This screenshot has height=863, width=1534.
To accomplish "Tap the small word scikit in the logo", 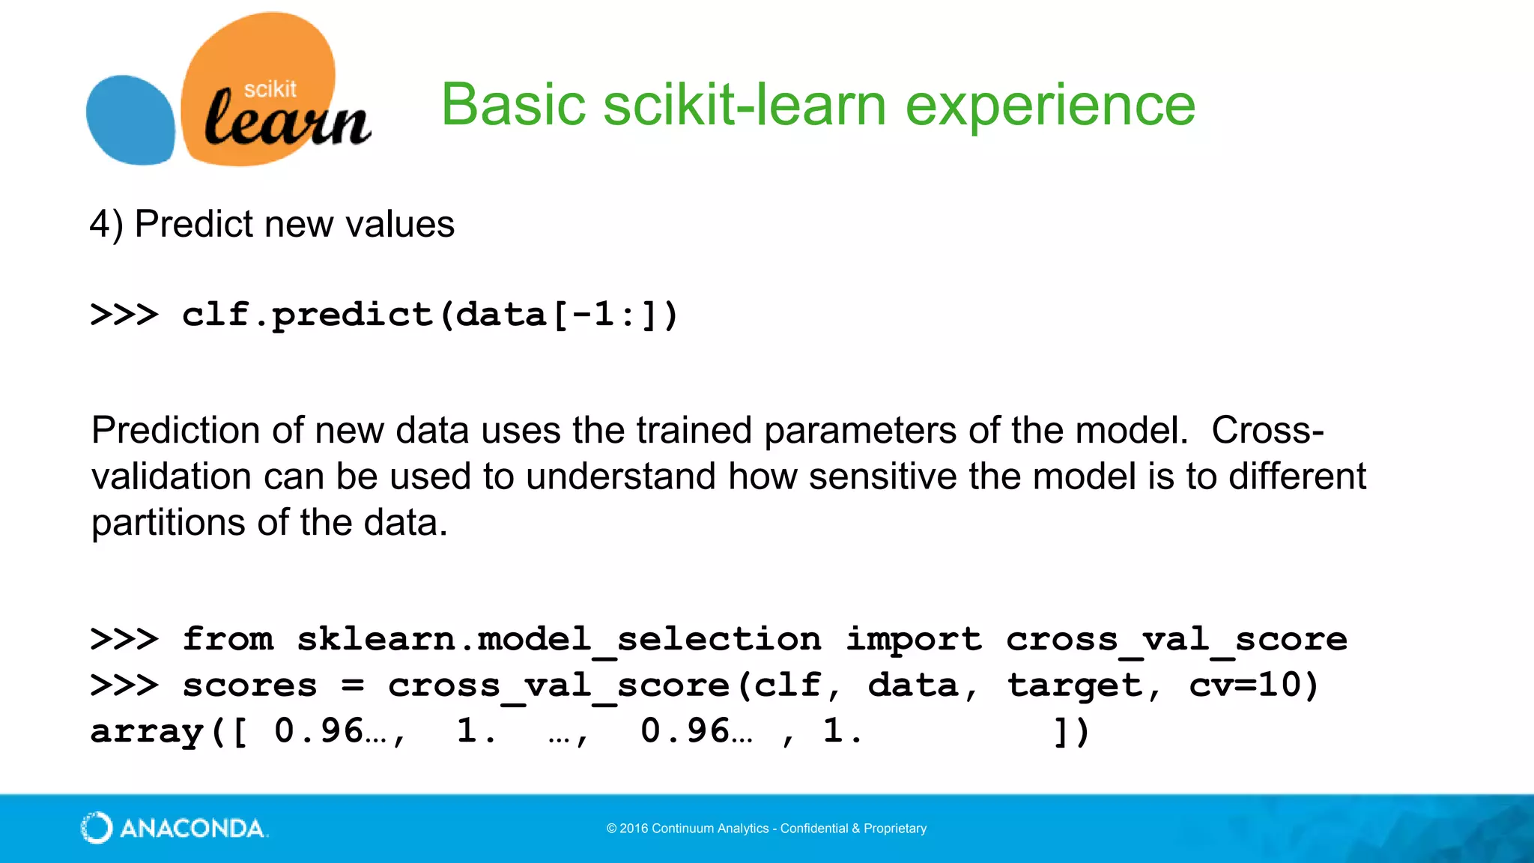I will click(x=270, y=89).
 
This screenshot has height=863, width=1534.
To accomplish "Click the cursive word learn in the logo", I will click(x=287, y=120).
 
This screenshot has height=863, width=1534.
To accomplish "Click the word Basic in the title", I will click(x=513, y=105).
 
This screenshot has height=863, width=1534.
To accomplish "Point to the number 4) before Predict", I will click(x=106, y=224).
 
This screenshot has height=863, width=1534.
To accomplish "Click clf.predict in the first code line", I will click(x=307, y=315).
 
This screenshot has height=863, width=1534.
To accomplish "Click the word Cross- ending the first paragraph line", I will click(x=1267, y=430).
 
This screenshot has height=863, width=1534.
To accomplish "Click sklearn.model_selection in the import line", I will click(x=559, y=639).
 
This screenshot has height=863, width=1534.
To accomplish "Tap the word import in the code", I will click(x=914, y=639).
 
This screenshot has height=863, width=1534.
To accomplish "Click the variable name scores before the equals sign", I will click(x=249, y=685).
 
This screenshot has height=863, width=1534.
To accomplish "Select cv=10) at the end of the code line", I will click(x=1254, y=685).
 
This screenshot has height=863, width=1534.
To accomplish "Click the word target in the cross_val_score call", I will click(x=1076, y=685).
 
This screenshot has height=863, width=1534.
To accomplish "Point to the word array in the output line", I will click(x=147, y=732).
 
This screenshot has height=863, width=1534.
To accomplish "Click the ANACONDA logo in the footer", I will click(x=174, y=828).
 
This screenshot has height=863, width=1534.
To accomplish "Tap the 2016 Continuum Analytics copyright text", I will click(x=766, y=829).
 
